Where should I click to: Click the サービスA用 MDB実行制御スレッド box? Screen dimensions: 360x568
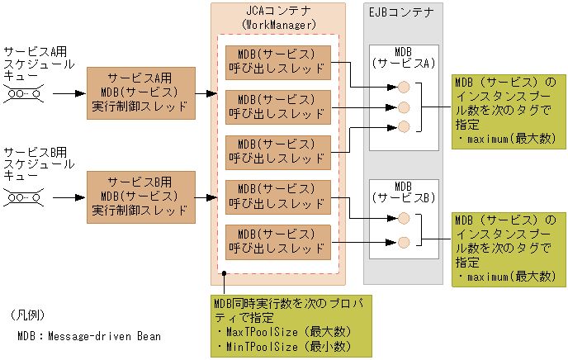click(x=140, y=93)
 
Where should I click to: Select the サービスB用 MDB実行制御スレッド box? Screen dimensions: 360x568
click(x=140, y=197)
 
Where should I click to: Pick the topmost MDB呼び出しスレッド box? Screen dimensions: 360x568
click(x=277, y=63)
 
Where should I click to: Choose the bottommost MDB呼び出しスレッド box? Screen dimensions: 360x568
click(x=277, y=241)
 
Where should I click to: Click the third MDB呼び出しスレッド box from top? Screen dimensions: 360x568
click(x=277, y=152)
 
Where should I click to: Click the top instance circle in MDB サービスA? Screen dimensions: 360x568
click(x=404, y=87)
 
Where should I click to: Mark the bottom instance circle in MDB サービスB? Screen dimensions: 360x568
click(x=404, y=242)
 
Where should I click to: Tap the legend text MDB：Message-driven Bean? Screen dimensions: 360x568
click(x=88, y=337)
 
